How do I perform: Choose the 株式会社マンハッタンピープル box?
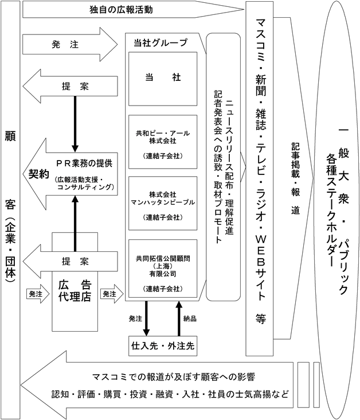162,201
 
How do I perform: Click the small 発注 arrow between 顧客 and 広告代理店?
36,293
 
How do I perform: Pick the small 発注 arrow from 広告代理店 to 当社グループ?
109,293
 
